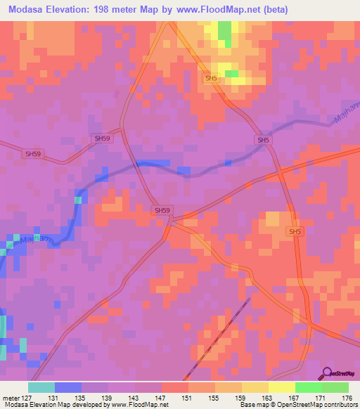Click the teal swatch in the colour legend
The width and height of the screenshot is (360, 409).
41,387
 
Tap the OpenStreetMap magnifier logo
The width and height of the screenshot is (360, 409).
328,373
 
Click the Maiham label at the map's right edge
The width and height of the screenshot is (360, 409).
345,120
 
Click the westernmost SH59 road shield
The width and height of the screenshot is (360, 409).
33,153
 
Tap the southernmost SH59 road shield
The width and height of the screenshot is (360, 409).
162,210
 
